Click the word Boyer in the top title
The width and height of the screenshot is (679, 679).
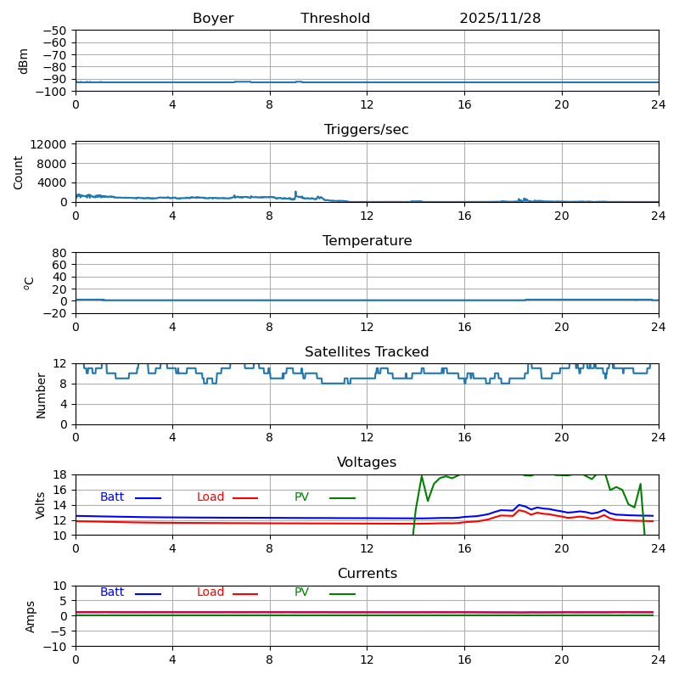pos(213,19)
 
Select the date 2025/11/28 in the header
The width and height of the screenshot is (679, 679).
pos(500,19)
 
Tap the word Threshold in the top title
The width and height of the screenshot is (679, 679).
pos(335,19)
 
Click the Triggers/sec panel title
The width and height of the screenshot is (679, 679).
pos(367,130)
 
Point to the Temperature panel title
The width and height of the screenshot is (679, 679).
pos(367,241)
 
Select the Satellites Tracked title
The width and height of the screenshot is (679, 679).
pos(367,352)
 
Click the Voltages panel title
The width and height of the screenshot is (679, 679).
pos(367,463)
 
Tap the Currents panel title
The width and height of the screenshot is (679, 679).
pos(367,574)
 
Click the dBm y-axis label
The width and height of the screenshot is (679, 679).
pos(24,61)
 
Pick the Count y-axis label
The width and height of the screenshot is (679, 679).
pos(19,172)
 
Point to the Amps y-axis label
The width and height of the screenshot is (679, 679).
pos(31,616)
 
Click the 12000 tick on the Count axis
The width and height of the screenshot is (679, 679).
pos(50,144)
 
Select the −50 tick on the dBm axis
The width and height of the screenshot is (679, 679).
pos(54,31)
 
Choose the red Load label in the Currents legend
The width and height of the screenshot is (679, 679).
pos(210,592)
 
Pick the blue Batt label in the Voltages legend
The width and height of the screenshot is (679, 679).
pos(112,497)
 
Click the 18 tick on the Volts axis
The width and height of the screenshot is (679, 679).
pos(61,475)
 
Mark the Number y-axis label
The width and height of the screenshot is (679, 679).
pos(41,395)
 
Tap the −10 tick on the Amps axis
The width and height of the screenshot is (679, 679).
pos(54,647)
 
